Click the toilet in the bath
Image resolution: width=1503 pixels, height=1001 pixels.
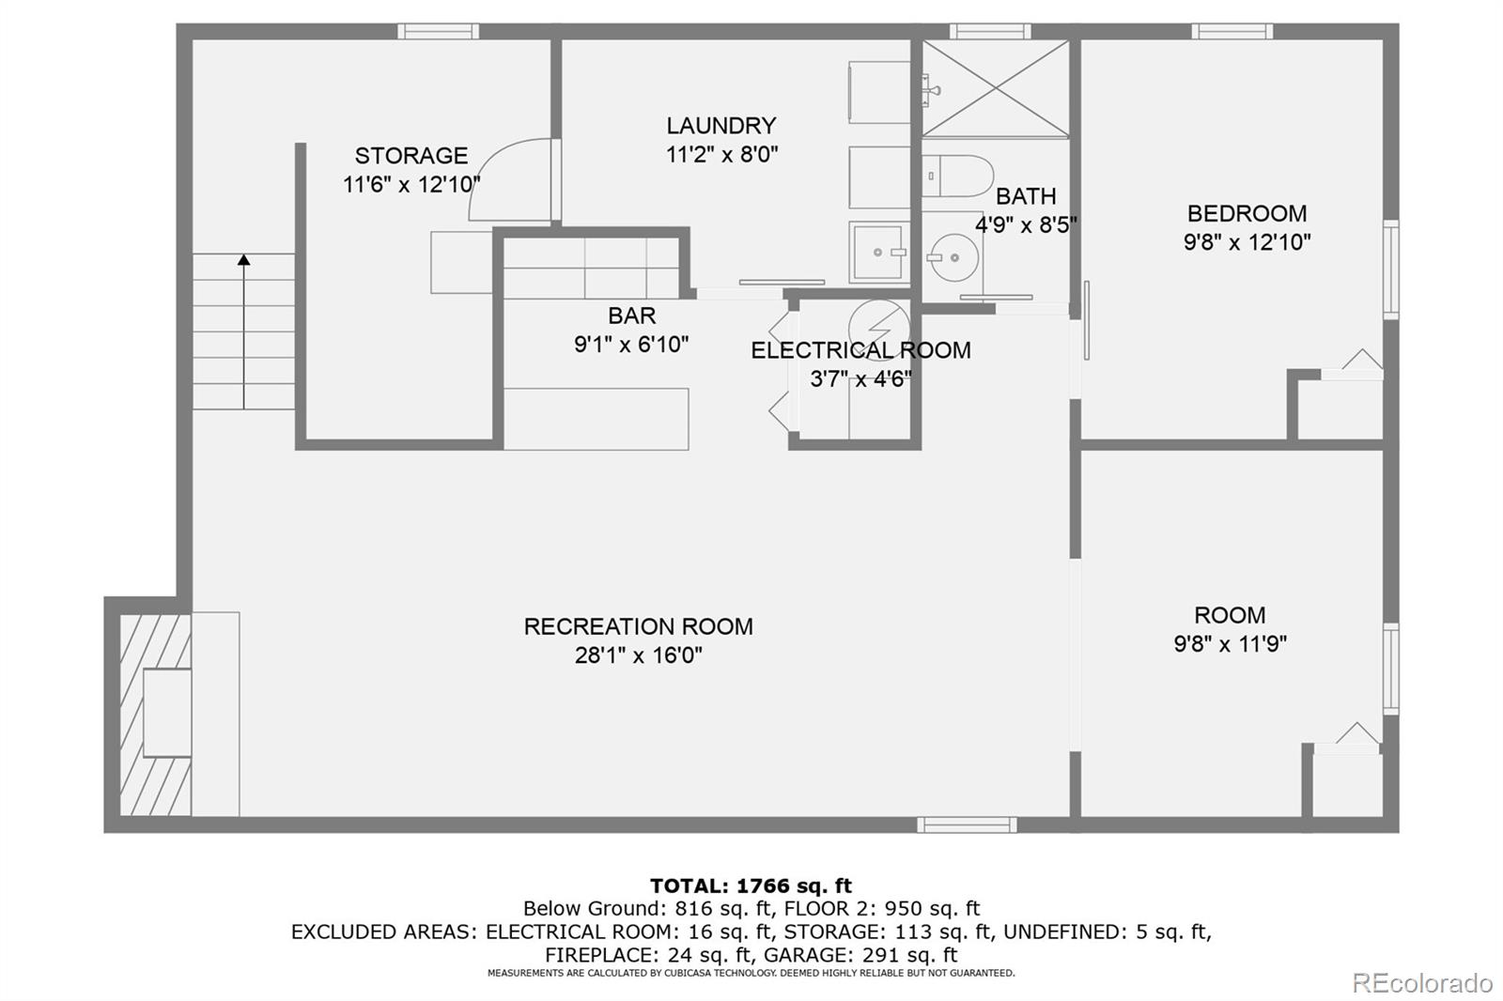pyautogui.click(x=957, y=176)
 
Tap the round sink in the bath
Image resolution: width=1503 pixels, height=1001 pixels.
pyautogui.click(x=953, y=257)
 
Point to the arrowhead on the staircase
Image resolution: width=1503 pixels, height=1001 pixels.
pyautogui.click(x=243, y=260)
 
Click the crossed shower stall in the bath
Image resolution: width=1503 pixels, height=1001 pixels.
pyautogui.click(x=995, y=88)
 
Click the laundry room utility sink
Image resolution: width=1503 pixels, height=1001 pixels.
pyautogui.click(x=879, y=253)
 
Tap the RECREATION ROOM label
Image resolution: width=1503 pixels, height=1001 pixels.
pyautogui.click(x=638, y=626)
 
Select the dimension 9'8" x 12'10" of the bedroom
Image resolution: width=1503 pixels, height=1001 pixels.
pyautogui.click(x=1247, y=241)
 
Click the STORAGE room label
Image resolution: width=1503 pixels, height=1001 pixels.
pyautogui.click(x=411, y=156)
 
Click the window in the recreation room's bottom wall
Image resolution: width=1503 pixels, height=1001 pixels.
pyautogui.click(x=967, y=824)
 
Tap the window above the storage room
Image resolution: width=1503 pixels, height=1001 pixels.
pyautogui.click(x=438, y=32)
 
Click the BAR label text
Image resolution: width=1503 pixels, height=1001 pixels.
pyautogui.click(x=631, y=316)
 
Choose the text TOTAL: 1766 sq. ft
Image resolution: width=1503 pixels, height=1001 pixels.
pyautogui.click(x=751, y=885)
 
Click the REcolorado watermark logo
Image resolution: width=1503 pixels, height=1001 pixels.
pyautogui.click(x=1422, y=983)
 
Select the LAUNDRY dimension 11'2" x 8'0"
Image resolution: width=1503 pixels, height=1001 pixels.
pyautogui.click(x=722, y=155)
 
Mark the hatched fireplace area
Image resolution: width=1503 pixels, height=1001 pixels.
pyautogui.click(x=155, y=714)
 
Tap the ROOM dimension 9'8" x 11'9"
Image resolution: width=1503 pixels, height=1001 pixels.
pyautogui.click(x=1230, y=644)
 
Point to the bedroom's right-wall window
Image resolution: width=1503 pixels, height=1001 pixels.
pyautogui.click(x=1391, y=269)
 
